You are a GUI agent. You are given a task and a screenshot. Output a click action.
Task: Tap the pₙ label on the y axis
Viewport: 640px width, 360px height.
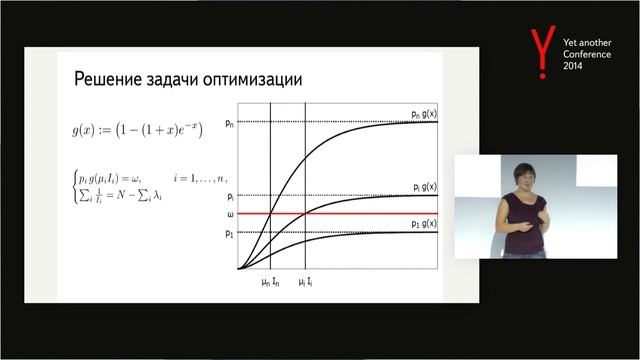click(230, 122)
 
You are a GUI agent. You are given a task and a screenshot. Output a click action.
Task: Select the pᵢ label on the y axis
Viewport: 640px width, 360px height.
click(230, 197)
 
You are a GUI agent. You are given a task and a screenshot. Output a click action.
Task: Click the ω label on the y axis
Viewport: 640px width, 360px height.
click(230, 214)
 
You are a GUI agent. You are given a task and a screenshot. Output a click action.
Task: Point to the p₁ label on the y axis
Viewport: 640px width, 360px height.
click(230, 233)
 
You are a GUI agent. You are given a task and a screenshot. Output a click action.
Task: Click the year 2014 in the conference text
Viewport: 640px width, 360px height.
click(572, 65)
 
